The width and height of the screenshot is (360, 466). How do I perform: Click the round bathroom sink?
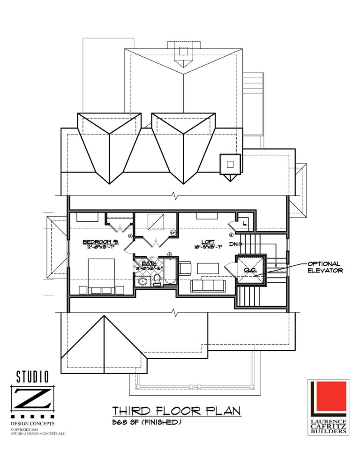point(142,281)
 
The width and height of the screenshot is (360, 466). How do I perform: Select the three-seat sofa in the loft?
point(208,286)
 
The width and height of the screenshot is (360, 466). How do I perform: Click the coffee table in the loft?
point(208,269)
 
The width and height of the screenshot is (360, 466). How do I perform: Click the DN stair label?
point(234,244)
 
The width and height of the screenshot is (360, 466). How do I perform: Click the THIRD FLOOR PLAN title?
point(177,411)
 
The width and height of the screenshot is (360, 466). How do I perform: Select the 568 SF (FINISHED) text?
point(147,422)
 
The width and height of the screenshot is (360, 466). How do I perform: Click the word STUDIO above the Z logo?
point(32,376)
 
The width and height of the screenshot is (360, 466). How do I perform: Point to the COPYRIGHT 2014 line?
point(28,429)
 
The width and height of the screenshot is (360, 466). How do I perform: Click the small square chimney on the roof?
point(230,164)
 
